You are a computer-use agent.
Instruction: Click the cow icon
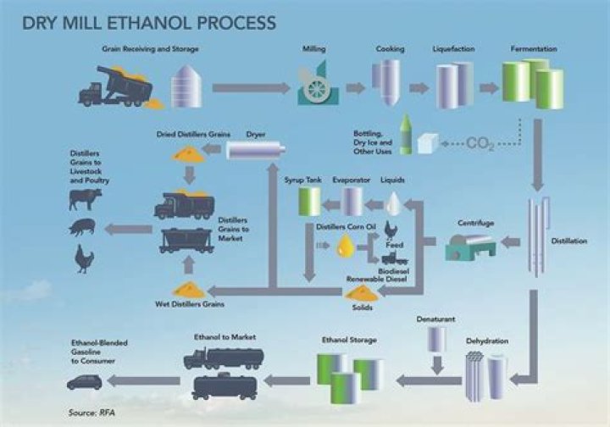(x=86, y=198)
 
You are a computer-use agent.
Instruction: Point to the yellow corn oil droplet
(x=345, y=247)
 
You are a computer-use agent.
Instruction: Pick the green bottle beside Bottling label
(x=406, y=136)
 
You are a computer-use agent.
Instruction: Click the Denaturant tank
(x=436, y=339)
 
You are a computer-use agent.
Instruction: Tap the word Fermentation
(x=533, y=49)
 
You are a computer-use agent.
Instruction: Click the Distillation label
(x=568, y=241)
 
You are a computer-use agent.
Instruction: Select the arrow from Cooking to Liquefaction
(x=418, y=87)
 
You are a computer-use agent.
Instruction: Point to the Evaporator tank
(x=352, y=201)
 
